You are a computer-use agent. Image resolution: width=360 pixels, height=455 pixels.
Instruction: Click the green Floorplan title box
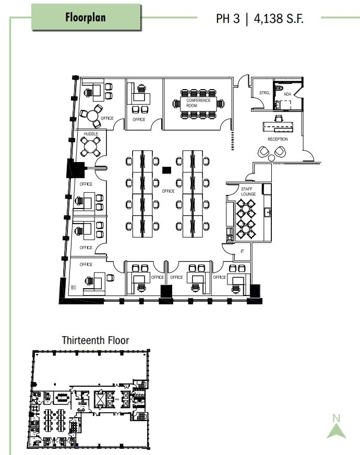(x=86, y=17)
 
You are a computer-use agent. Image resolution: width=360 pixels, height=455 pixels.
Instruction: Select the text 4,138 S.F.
(x=279, y=19)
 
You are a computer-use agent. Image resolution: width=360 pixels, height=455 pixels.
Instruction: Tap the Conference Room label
(x=198, y=103)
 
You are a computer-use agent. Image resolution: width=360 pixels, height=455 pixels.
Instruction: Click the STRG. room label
(x=264, y=93)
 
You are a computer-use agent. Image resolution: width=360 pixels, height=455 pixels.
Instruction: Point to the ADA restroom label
(x=287, y=94)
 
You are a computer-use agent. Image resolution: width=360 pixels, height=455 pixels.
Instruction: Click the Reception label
(x=278, y=139)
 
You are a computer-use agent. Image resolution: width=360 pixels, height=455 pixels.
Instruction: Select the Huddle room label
(x=91, y=134)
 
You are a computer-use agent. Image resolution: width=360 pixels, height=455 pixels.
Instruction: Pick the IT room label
(x=242, y=251)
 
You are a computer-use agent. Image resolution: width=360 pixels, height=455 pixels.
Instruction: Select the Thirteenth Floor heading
(x=95, y=340)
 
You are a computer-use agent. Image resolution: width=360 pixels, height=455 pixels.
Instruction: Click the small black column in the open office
(x=167, y=169)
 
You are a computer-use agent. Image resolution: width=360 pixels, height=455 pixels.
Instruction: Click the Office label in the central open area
(x=168, y=191)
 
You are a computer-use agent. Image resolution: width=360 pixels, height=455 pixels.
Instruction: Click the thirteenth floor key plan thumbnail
(x=89, y=399)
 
